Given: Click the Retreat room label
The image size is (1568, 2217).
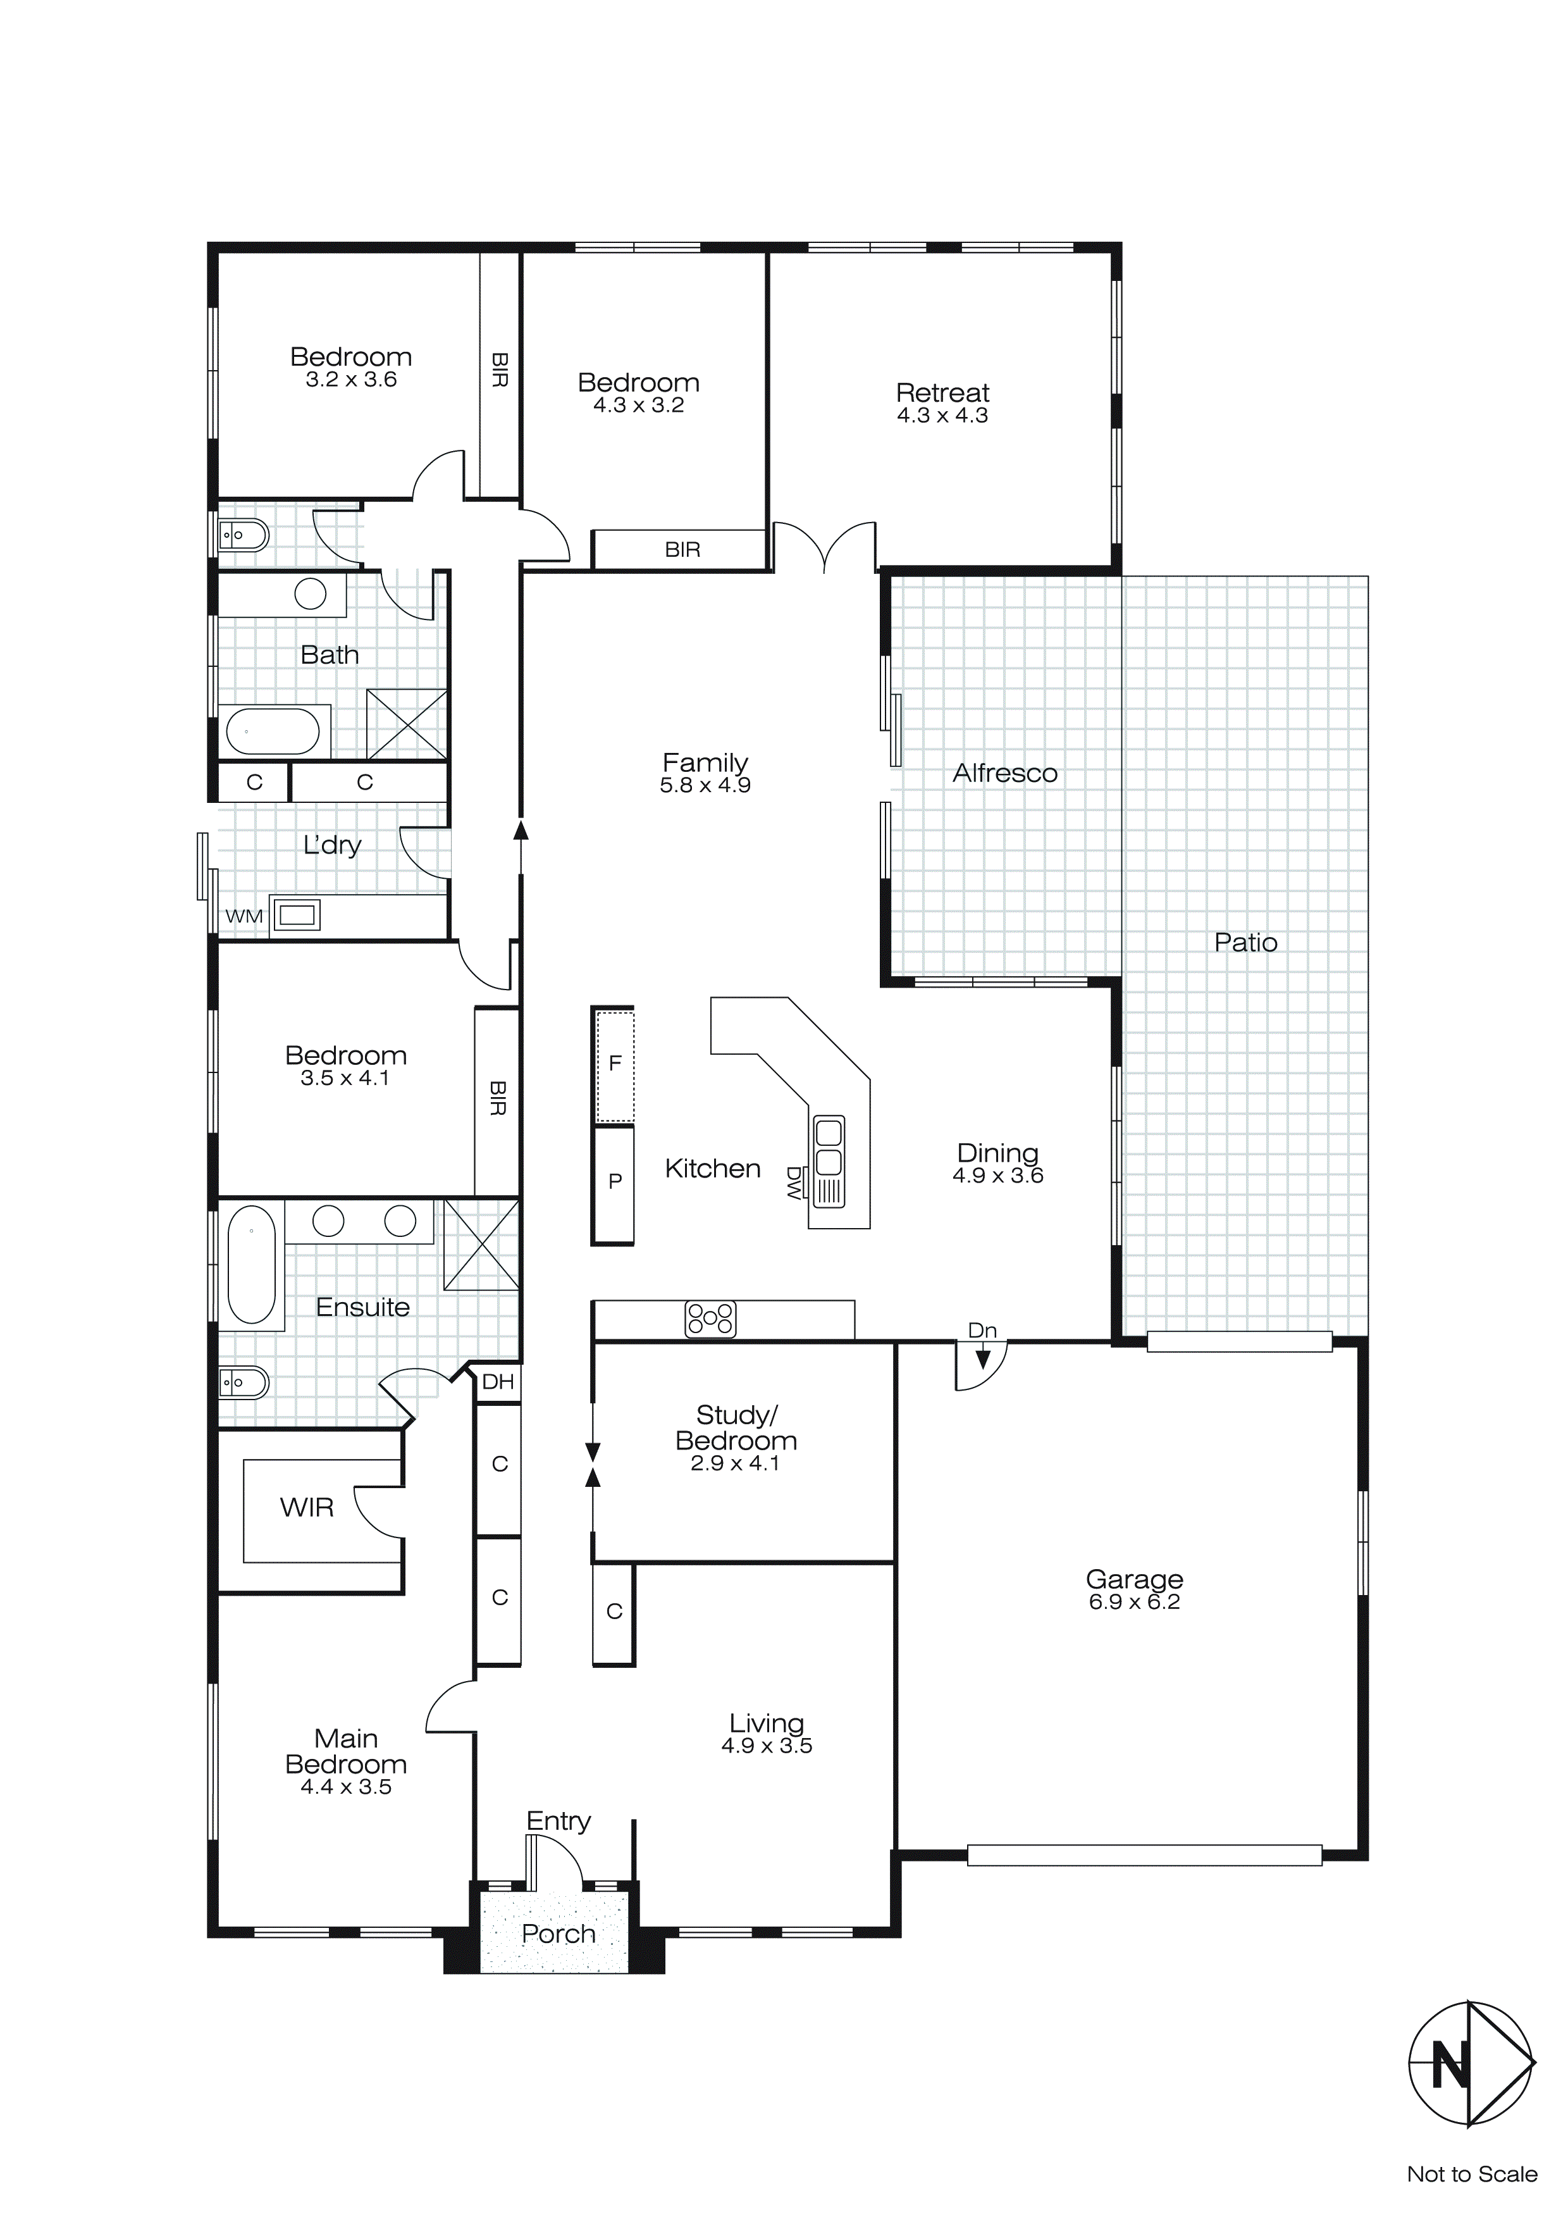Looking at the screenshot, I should click(942, 393).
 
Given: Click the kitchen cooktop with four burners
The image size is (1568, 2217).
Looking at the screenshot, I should click(710, 1319).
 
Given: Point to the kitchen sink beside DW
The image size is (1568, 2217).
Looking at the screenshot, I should click(829, 1162).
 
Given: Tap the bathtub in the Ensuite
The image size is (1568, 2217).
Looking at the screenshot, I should click(251, 1264).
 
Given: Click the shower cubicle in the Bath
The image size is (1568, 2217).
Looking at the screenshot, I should click(407, 724).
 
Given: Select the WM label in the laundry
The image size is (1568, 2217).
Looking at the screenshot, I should click(244, 916).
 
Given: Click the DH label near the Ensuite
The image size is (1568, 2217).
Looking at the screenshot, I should click(498, 1382).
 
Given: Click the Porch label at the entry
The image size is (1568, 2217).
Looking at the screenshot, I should click(558, 1934).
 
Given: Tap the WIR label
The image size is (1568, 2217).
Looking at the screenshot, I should click(307, 1507).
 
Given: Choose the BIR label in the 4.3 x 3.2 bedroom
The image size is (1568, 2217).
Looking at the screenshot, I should click(682, 550).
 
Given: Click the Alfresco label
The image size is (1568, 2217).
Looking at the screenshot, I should click(1004, 773).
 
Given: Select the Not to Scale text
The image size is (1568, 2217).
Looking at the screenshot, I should click(1471, 2175).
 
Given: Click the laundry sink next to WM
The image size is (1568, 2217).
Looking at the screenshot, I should click(297, 914).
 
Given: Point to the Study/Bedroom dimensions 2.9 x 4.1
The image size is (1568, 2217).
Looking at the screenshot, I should click(735, 1464).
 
